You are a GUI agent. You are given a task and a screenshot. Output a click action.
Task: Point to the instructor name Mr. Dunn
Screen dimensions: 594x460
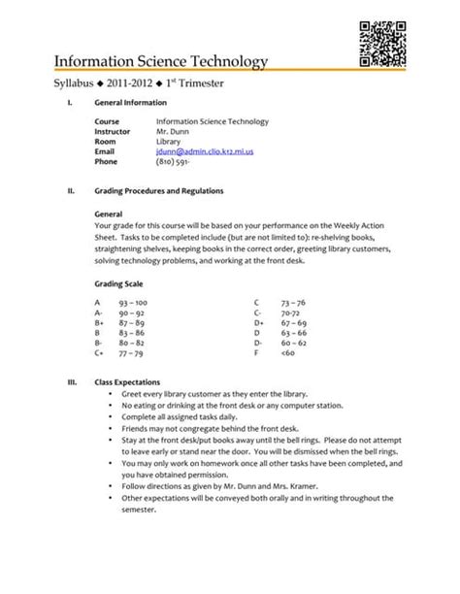(x=172, y=131)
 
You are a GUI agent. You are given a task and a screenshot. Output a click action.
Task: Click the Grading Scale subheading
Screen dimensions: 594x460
(x=119, y=284)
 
